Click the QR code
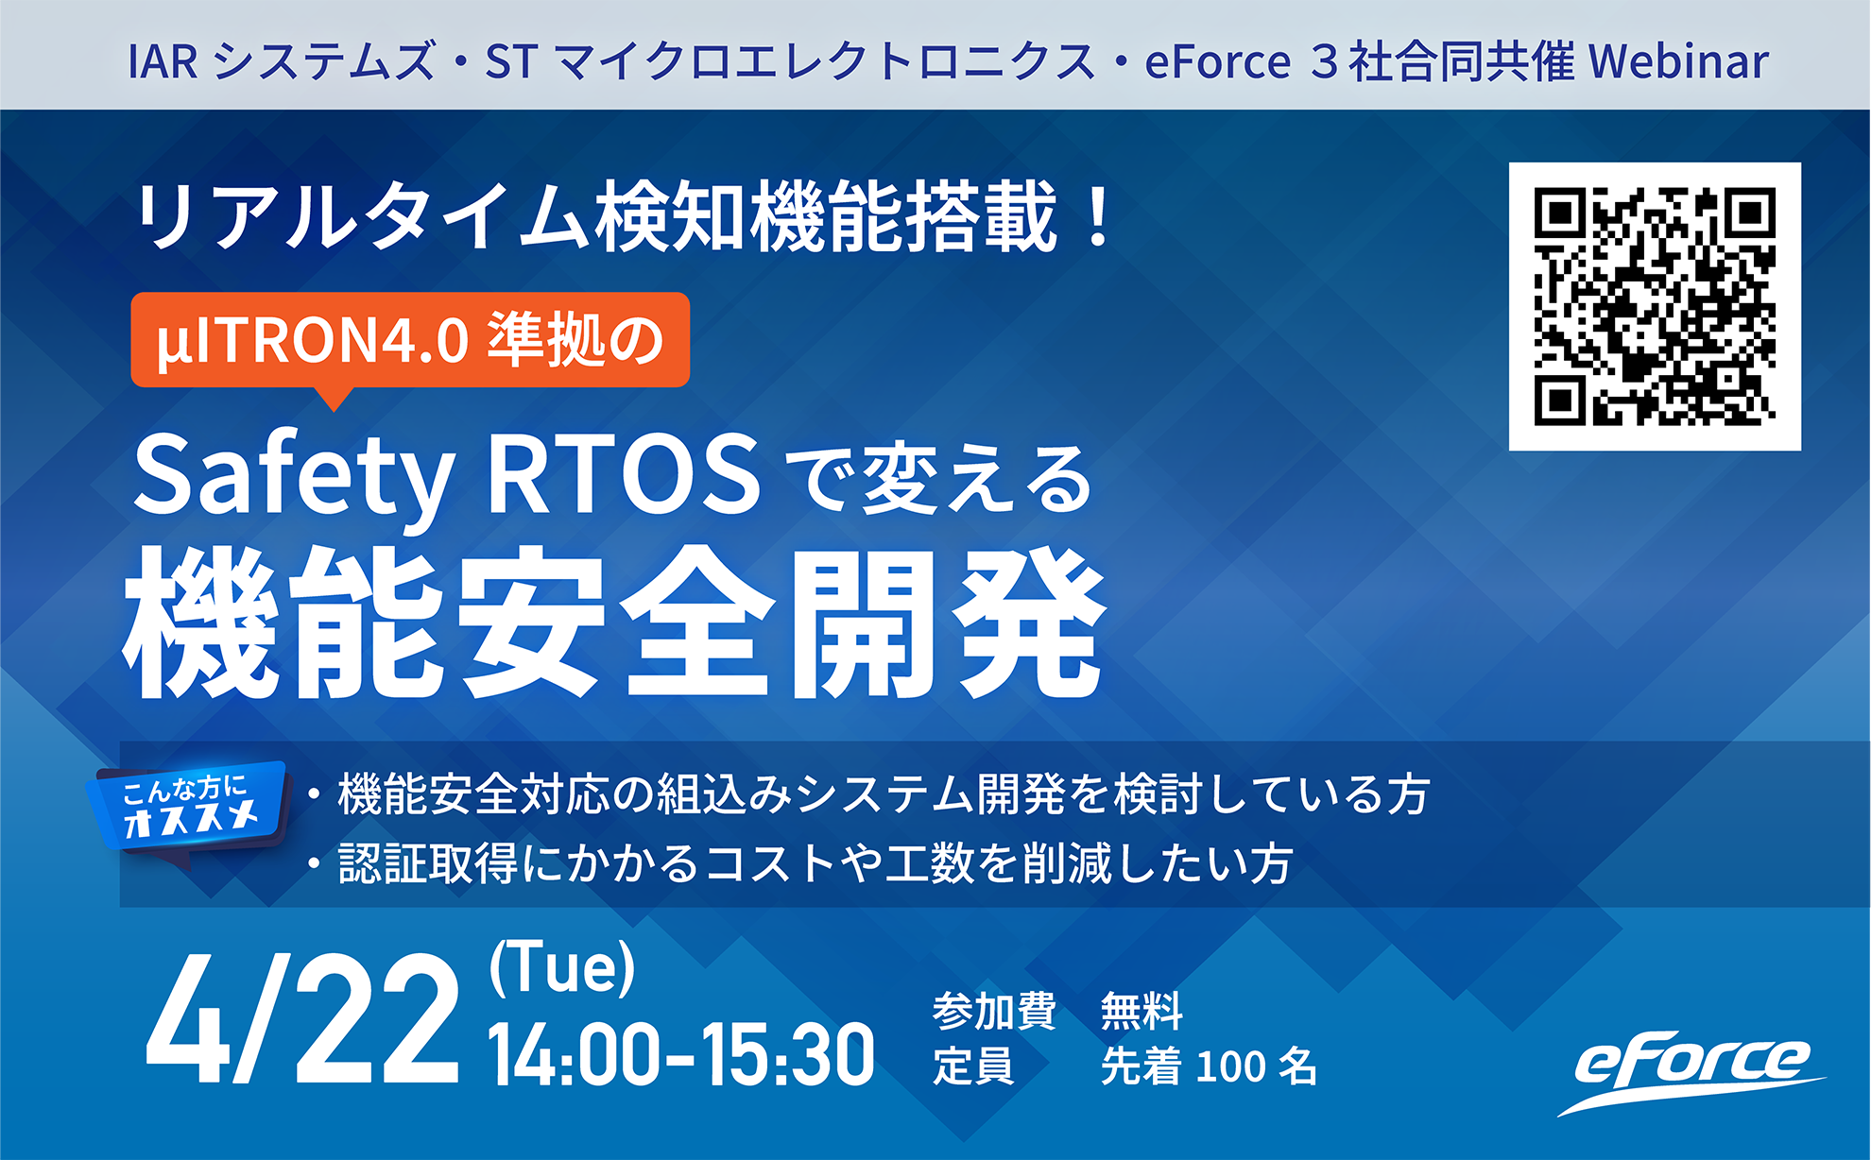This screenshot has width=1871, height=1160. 1655,306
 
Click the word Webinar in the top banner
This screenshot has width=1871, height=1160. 1678,61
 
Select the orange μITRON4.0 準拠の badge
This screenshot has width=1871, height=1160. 410,340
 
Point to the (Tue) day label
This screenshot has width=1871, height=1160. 562,967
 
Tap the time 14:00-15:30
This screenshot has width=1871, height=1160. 680,1054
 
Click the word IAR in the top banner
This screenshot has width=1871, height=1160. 163,62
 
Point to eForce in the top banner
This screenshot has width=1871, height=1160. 1217,61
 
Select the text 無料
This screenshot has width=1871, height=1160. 1141,1012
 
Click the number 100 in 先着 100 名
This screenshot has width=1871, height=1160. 1230,1066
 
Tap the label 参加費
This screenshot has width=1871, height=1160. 994,1012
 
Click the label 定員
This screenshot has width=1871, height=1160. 973,1066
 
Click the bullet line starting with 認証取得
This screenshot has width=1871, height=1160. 801,863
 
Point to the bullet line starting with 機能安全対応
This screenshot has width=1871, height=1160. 869,793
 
